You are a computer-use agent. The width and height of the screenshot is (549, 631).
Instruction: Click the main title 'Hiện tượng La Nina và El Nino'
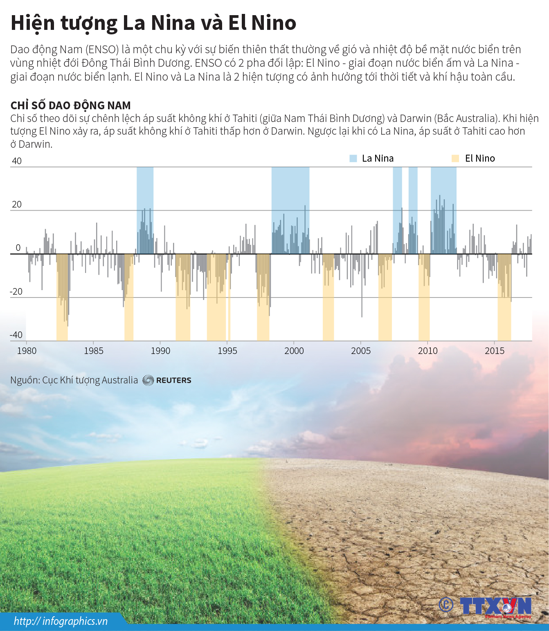(153, 23)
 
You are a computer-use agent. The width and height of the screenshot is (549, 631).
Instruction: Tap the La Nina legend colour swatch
(353, 159)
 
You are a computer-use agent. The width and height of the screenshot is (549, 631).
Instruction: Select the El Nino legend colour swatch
(455, 159)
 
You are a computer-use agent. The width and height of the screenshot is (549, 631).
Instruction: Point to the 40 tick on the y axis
(17, 161)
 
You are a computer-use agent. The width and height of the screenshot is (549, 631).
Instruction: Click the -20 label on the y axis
(16, 291)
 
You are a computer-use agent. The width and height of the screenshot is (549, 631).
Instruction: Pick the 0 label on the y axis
(18, 248)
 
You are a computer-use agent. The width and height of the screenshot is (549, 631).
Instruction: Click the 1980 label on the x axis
(27, 351)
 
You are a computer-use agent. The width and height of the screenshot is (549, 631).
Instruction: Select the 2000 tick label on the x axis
(294, 351)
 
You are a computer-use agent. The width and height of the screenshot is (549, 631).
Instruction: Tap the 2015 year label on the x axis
(494, 351)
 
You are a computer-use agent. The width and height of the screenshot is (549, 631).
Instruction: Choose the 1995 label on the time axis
(227, 351)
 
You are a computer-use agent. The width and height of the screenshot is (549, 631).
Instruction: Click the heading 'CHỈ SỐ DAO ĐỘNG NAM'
(70, 106)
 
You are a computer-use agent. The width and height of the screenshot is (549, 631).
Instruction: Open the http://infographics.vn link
(61, 621)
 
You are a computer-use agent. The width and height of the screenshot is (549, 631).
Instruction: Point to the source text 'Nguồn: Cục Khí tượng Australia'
(74, 380)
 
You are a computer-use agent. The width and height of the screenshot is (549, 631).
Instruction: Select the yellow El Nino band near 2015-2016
(504, 319)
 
